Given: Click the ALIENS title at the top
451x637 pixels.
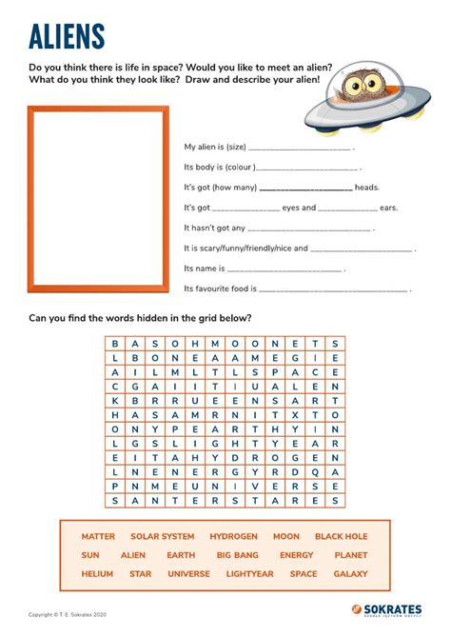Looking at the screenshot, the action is [67, 37].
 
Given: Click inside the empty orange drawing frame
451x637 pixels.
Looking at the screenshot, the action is [98, 201].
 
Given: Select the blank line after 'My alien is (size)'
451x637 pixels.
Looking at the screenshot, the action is [299, 149].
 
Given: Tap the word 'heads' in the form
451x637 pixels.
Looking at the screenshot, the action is [367, 188].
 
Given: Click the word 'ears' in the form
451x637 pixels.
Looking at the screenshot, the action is [388, 208].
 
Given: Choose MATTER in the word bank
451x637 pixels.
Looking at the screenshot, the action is [98, 537].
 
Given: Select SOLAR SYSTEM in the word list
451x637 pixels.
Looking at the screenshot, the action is [163, 537].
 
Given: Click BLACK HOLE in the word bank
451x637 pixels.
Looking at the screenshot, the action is [341, 537].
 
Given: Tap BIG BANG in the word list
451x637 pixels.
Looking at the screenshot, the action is [237, 555].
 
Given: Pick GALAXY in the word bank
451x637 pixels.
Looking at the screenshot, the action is [350, 574].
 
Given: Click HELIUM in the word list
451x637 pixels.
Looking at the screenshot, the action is [97, 574].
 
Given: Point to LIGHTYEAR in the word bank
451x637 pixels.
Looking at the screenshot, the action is [249, 574].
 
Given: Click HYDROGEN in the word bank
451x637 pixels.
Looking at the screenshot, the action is [234, 537].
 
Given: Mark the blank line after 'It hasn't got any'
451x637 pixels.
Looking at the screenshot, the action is [309, 229].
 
